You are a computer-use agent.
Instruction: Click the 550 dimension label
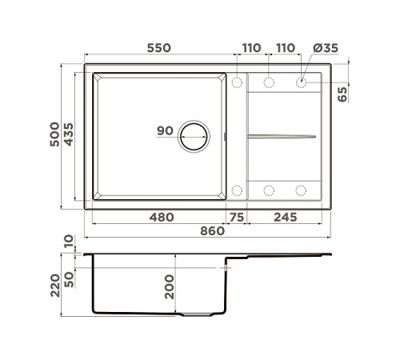tap(159, 48)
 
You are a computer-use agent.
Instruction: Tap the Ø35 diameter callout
tap(326, 48)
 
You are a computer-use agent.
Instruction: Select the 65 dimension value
tap(342, 94)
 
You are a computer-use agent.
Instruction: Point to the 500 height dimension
tap(54, 134)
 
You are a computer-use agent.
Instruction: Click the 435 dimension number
tap(69, 134)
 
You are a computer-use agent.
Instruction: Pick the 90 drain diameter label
tap(165, 130)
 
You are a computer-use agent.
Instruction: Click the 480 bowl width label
tap(162, 218)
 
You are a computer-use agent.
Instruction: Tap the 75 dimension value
tap(237, 218)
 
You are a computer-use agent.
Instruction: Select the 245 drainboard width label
tap(286, 218)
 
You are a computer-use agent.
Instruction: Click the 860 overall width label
tap(213, 231)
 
